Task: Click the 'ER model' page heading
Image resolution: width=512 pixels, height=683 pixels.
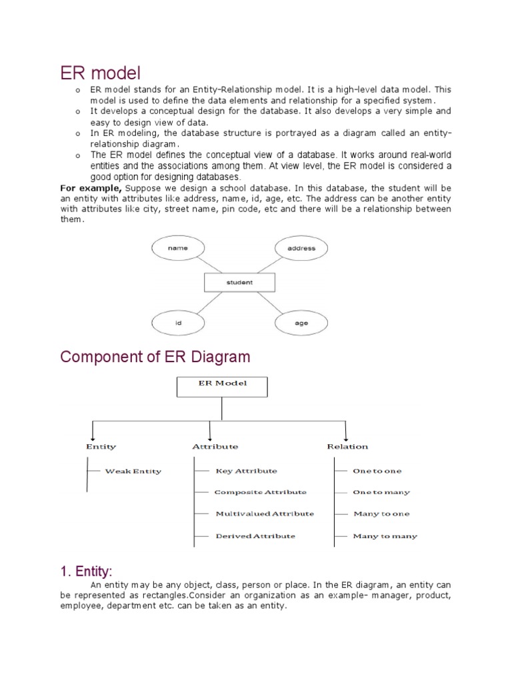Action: [x=101, y=71]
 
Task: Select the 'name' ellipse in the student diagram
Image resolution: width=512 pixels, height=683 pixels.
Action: [x=178, y=248]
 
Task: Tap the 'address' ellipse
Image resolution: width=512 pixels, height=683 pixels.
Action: [x=301, y=248]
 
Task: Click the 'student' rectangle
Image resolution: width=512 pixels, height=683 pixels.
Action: [x=239, y=282]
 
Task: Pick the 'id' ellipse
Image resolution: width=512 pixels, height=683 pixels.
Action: [x=178, y=323]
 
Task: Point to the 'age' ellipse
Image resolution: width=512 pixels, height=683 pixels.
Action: [x=301, y=323]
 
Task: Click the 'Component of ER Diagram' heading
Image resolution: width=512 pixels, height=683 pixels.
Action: [x=155, y=357]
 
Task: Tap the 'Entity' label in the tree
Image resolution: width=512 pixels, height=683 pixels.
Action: [x=101, y=446]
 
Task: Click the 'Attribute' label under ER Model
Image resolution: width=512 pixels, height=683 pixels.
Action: [x=215, y=446]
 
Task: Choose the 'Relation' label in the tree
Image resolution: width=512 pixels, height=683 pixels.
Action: [x=347, y=446]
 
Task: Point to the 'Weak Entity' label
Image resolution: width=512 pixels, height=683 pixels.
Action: [x=133, y=471]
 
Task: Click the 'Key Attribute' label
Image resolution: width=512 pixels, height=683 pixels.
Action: [x=246, y=471]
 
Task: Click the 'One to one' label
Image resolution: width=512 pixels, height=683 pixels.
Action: [x=377, y=471]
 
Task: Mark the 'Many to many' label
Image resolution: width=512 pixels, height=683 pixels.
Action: [x=385, y=536]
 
